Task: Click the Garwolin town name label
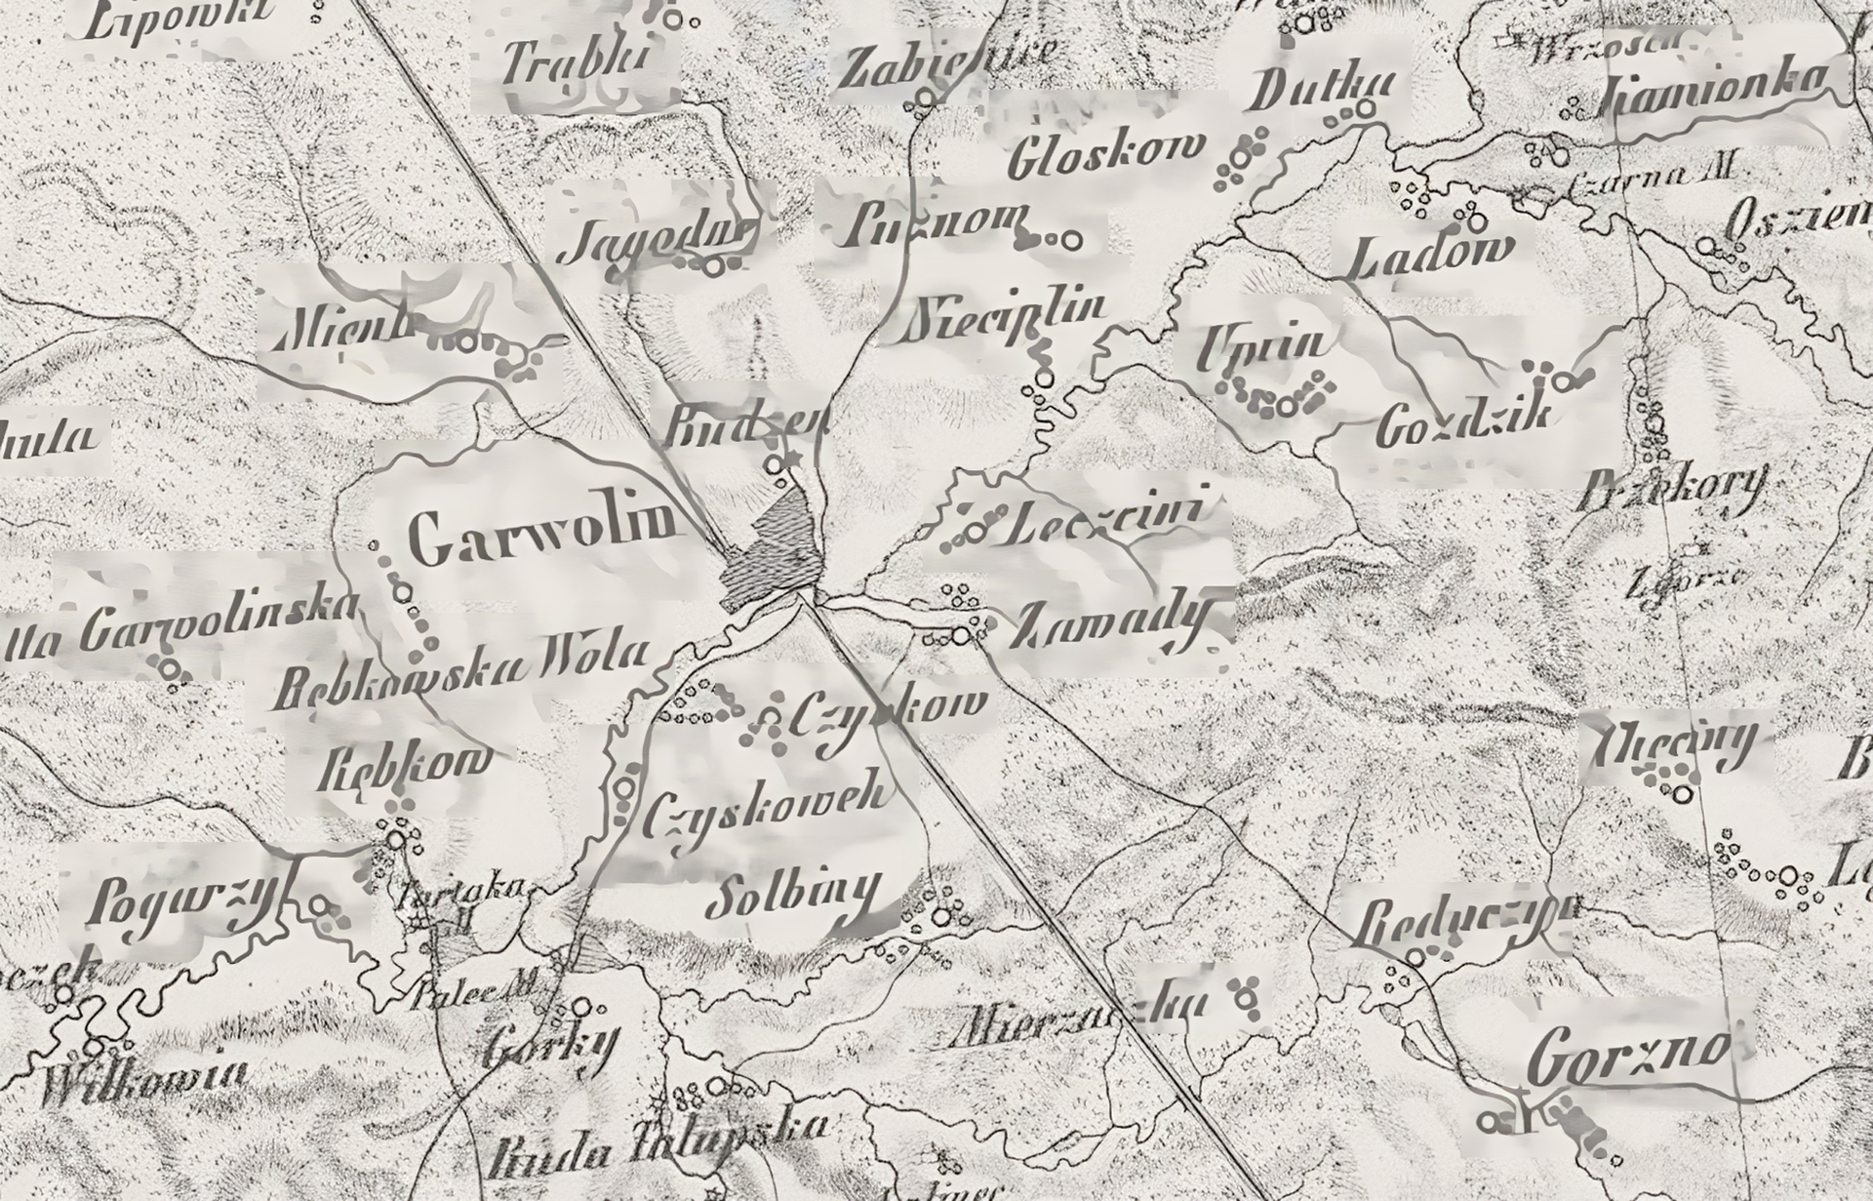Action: pyautogui.click(x=543, y=538)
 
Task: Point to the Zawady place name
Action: pyautogui.click(x=1112, y=624)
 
